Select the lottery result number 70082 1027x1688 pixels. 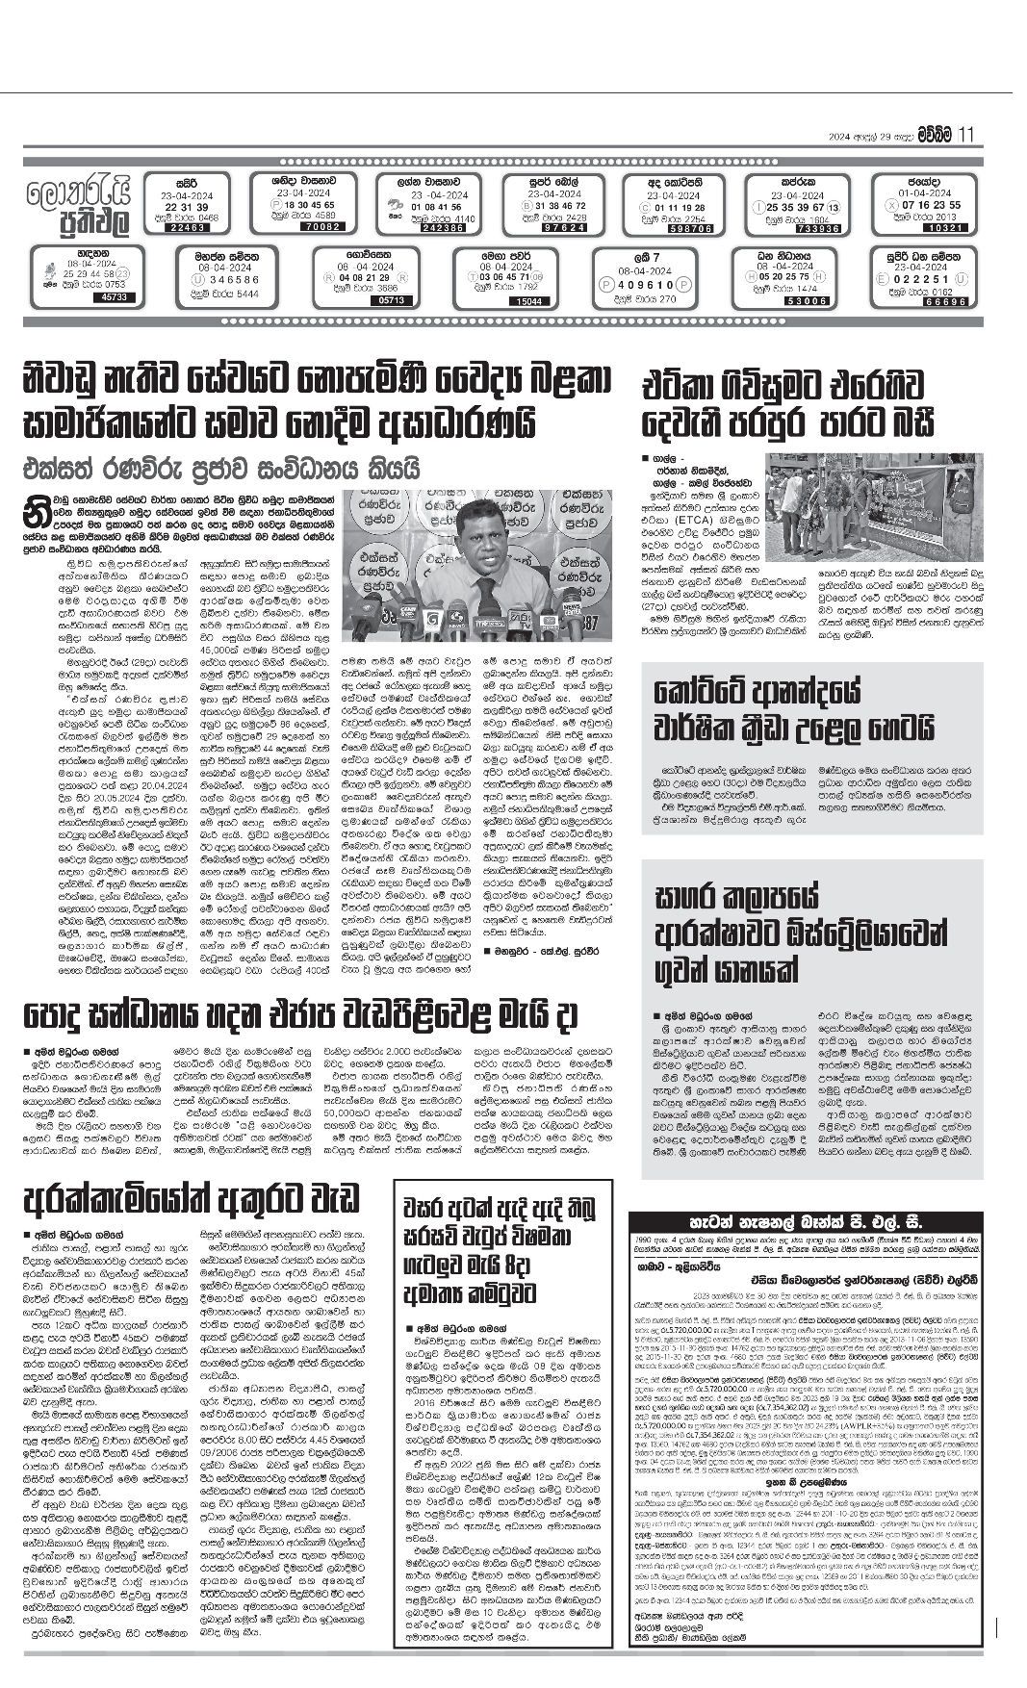[314, 227]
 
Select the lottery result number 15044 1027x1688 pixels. [528, 301]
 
